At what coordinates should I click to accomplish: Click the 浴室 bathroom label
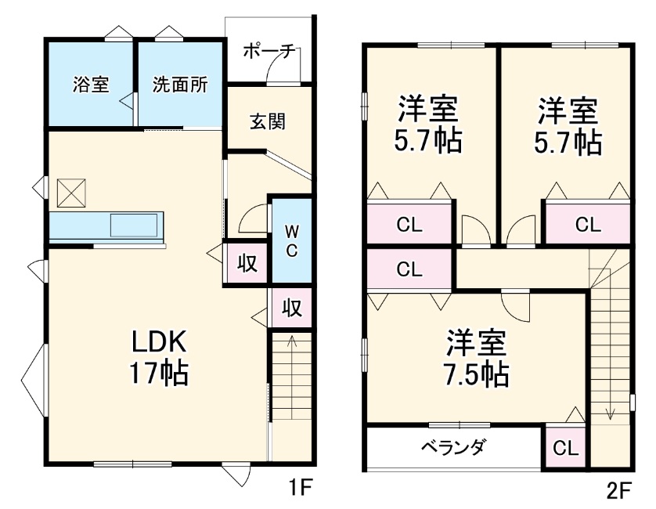[91, 85]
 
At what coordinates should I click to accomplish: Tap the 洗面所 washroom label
[180, 85]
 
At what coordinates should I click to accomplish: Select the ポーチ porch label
[269, 52]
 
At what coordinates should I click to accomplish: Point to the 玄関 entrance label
[268, 121]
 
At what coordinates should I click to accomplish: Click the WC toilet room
[290, 240]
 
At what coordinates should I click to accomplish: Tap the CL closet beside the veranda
[565, 449]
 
